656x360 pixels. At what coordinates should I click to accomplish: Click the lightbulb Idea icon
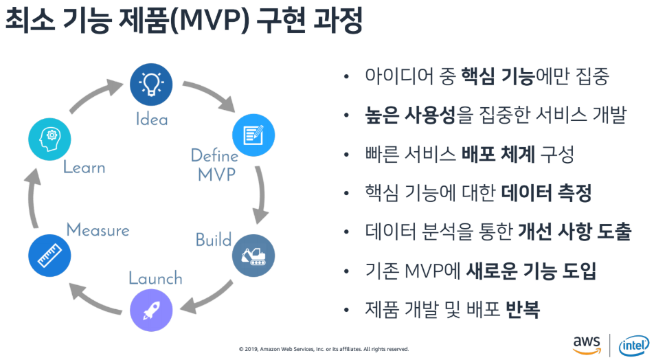[x=150, y=83]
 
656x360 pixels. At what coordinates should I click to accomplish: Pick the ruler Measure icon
[x=48, y=256]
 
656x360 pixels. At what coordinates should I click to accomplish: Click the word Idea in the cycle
[x=151, y=119]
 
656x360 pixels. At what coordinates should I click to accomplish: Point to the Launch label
[x=156, y=278]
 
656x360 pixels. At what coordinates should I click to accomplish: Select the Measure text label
[x=98, y=230]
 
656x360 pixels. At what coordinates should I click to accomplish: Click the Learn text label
[x=84, y=167]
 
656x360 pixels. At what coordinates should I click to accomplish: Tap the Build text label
[x=214, y=240]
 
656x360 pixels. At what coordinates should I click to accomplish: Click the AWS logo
[x=587, y=343]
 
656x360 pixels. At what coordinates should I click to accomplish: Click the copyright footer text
[x=324, y=349]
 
